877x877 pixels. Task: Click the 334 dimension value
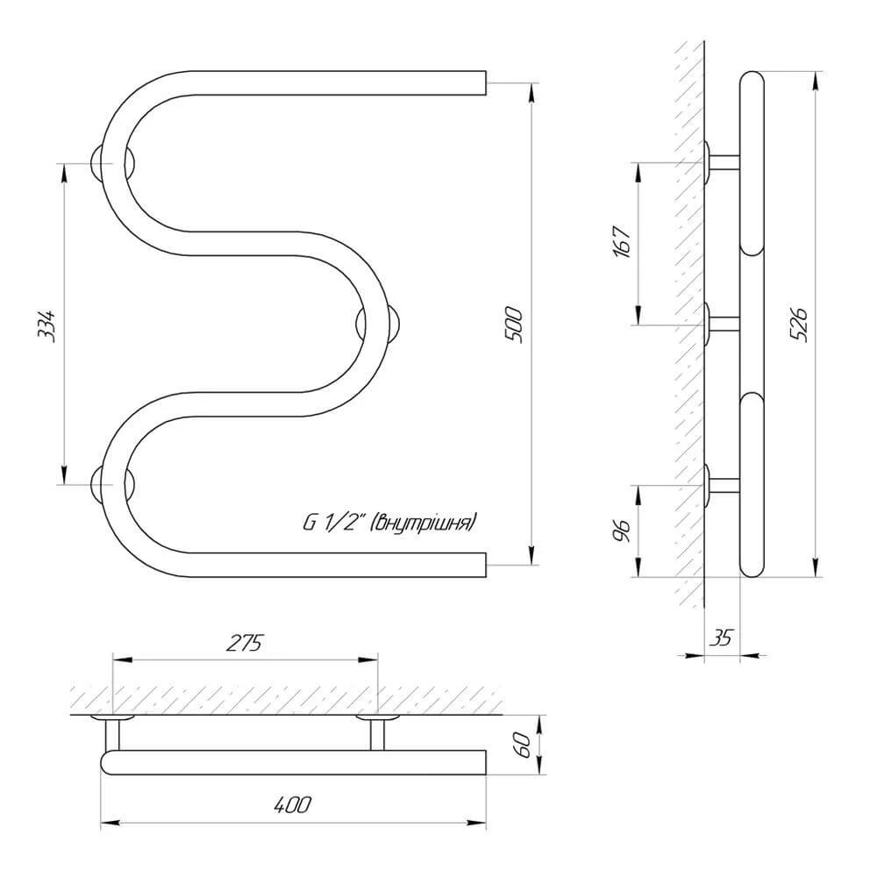coord(47,325)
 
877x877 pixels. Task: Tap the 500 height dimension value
coord(513,324)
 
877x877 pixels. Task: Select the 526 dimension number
coord(800,324)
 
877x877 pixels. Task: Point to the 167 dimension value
coord(623,242)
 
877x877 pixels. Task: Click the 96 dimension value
coord(622,530)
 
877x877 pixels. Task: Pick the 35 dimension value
coord(721,638)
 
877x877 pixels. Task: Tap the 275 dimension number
coord(245,643)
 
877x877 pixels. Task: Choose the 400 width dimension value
coord(293,805)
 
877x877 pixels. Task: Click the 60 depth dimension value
coord(524,745)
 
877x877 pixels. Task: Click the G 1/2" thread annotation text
coord(389,523)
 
